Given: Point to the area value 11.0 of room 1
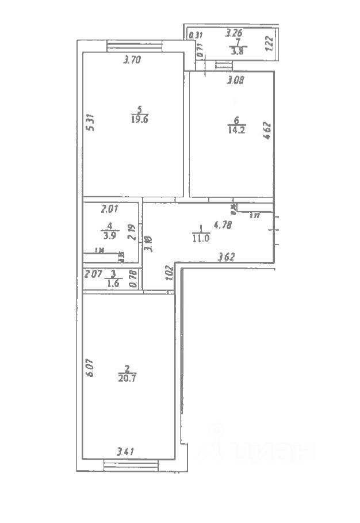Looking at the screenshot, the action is pos(200,236).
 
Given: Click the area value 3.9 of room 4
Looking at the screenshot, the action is pos(108,235).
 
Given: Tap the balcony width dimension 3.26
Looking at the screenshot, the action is pos(235,33).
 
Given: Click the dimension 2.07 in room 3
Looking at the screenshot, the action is pos(92,274).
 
